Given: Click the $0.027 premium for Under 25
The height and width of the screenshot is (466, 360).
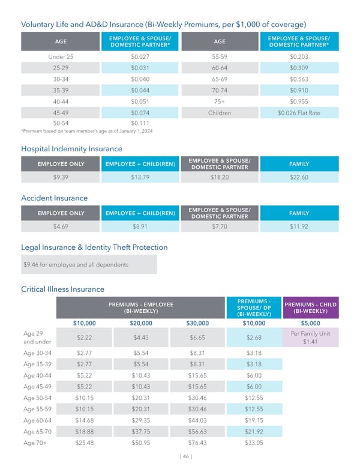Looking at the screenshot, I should tap(140, 57).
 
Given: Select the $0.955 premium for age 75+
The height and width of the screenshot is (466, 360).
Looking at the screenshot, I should tap(299, 101).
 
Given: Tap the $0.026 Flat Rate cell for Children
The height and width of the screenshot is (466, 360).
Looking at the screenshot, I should tap(299, 113).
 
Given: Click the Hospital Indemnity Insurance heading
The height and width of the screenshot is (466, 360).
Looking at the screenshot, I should tap(71, 148).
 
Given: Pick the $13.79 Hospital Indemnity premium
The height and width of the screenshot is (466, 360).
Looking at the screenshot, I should tap(140, 177).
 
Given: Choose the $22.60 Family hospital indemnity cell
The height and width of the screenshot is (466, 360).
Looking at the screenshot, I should tap(299, 177).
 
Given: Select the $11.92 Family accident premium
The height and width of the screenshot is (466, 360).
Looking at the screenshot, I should tap(299, 226).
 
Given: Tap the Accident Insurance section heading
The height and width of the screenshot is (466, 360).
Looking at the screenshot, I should tap(54, 198).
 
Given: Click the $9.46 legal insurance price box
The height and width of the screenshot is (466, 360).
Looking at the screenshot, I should tap(89, 264).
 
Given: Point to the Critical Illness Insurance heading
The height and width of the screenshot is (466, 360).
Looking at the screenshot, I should tap(62, 289).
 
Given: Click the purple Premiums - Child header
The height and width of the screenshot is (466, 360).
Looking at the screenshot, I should tap(311, 307).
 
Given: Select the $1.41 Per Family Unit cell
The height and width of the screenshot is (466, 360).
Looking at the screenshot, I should tap(311, 337).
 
